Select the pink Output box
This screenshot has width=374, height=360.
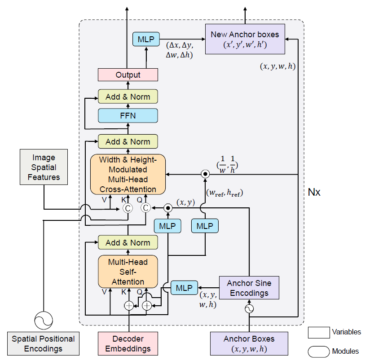(128, 75)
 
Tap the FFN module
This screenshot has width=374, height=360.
(128, 115)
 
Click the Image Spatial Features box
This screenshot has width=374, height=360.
(44, 167)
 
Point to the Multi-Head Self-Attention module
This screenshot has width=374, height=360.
(128, 272)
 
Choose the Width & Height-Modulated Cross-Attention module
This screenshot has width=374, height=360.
(128, 174)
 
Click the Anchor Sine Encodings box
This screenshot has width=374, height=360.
(249, 288)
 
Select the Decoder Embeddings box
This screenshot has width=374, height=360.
(128, 343)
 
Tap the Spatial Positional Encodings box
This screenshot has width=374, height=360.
(44, 343)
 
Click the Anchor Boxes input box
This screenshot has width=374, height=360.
(249, 343)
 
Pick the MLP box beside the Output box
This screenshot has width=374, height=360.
(146, 40)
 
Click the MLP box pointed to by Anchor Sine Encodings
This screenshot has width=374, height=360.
(184, 288)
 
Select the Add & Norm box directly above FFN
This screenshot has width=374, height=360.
(128, 97)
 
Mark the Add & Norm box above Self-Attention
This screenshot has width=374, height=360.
(128, 242)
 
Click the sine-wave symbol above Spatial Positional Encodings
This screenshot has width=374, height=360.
(44, 320)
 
